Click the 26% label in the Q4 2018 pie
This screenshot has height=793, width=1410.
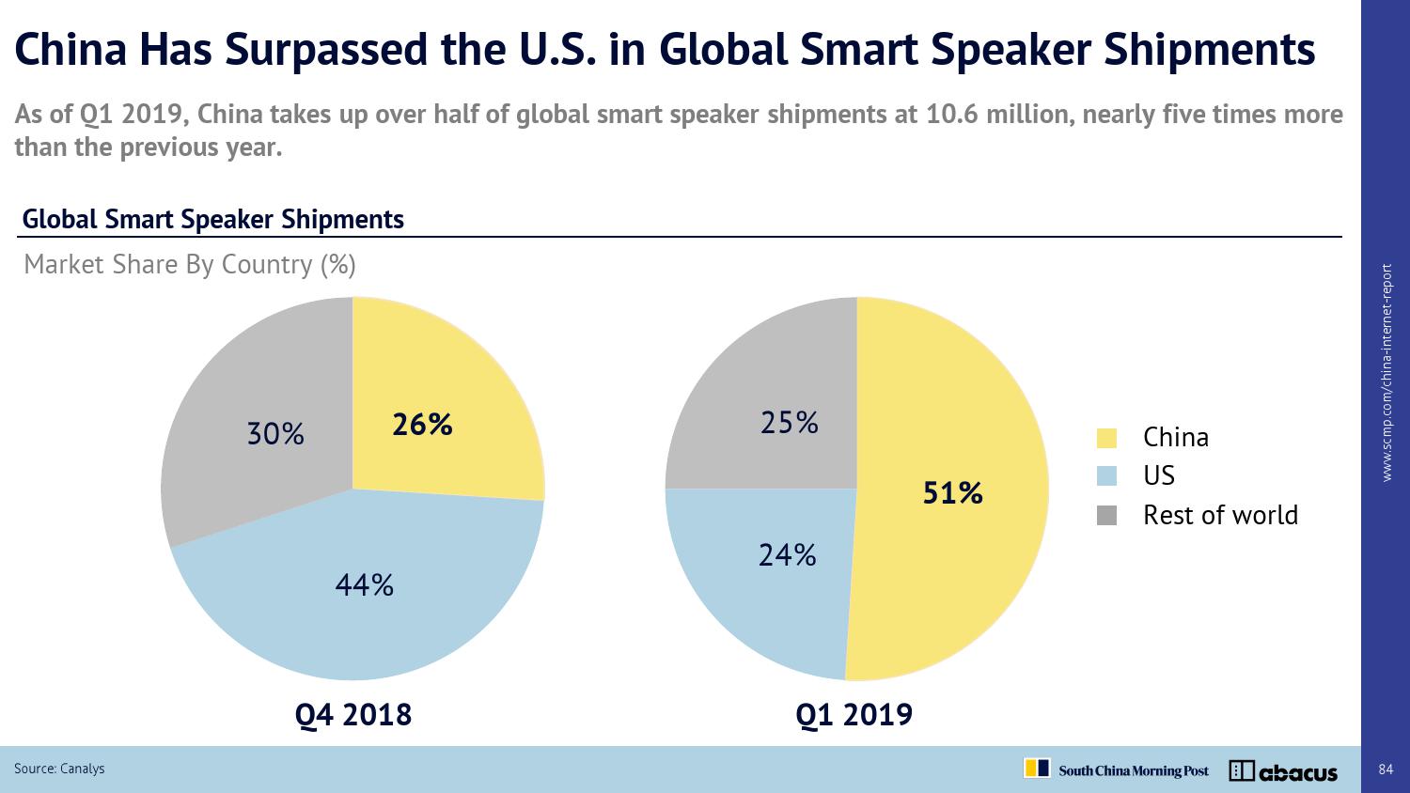pos(422,426)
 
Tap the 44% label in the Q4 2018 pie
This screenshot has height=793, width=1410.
pos(365,586)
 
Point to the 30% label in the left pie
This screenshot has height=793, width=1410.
pos(275,434)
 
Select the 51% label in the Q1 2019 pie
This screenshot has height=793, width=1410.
pos(952,493)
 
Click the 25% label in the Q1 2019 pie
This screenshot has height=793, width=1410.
pos(790,424)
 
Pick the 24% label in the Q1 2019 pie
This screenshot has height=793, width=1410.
pos(788,556)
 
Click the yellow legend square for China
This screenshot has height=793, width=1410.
pos(1106,438)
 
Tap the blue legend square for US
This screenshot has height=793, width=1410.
pos(1106,476)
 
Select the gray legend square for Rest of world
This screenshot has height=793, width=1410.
pos(1106,516)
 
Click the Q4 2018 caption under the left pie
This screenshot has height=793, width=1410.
pos(353,715)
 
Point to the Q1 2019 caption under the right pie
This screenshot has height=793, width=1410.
pos(854,715)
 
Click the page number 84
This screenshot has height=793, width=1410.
pos(1386,770)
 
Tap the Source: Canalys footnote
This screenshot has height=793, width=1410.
pos(59,769)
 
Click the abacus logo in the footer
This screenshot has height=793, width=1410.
pos(1283,771)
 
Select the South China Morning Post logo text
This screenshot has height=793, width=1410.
pos(1134,771)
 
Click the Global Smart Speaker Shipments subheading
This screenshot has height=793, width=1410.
pos(212,220)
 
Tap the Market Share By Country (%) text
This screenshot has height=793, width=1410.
pos(190,265)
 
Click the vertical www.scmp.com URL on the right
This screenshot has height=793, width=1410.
pos(1387,373)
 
